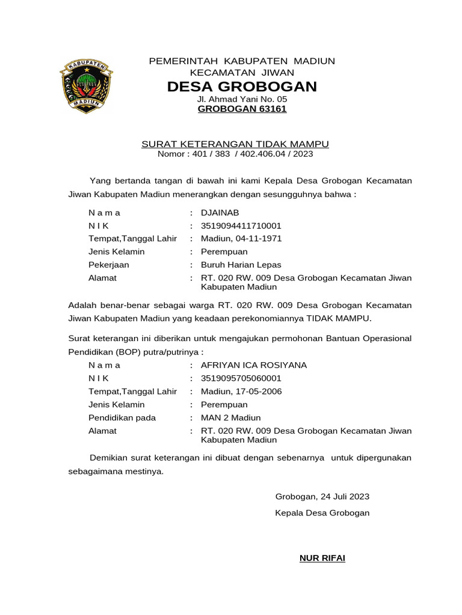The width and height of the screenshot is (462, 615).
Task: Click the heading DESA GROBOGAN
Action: coord(242,86)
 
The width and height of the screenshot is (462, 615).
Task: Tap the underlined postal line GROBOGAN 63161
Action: coord(242,109)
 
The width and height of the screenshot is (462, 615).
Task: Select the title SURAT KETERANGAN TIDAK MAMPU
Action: coord(235,144)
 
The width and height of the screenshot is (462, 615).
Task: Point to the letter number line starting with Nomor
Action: coord(235,154)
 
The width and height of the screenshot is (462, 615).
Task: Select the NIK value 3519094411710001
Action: coord(241,226)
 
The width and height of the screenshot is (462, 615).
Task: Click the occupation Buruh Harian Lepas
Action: coord(241,265)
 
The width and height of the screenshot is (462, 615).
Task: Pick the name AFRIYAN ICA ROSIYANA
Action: coord(253,365)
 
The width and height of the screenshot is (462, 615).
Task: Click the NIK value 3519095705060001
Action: coord(241,378)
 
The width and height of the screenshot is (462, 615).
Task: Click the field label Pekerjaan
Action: coord(109,265)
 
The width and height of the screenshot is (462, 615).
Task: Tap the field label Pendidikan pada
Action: coord(122,417)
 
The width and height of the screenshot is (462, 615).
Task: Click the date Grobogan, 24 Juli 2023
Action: coord(322,497)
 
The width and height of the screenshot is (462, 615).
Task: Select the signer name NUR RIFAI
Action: coord(322,559)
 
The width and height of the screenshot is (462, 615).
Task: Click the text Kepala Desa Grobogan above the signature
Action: coord(322,513)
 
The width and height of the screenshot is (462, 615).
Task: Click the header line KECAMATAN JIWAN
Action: coord(242,72)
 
